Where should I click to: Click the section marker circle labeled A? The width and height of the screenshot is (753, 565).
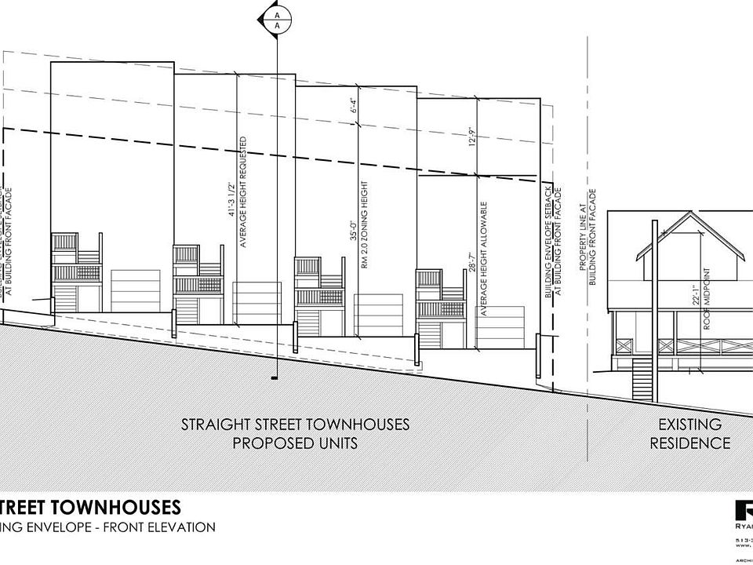(276, 19)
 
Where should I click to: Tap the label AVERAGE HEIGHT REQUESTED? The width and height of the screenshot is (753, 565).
(245, 193)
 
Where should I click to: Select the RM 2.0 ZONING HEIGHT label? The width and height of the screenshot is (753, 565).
(366, 224)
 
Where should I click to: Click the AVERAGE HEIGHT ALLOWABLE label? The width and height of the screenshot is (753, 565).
(485, 258)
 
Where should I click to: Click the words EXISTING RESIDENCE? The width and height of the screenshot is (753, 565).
(694, 434)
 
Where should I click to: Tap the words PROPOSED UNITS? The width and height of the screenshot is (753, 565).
(295, 443)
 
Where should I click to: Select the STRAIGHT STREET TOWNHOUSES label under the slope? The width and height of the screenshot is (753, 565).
(295, 425)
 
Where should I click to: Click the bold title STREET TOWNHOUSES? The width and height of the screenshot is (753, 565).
(90, 506)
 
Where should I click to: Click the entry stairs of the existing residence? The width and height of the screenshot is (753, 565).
(642, 377)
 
